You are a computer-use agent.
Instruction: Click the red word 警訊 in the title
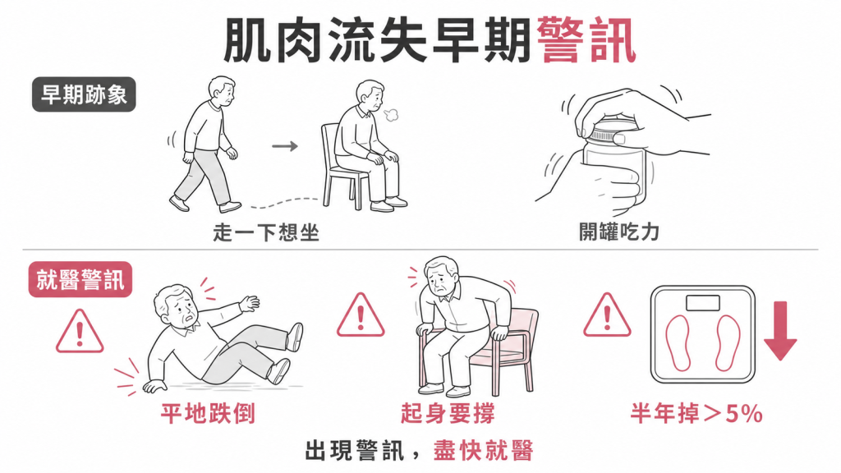click(586, 40)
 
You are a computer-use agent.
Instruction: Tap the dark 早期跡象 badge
click(84, 95)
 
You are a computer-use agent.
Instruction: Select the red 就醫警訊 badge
click(80, 279)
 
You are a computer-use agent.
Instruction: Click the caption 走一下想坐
click(266, 232)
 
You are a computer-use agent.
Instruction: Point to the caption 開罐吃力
click(619, 232)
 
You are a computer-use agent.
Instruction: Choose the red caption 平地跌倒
click(208, 414)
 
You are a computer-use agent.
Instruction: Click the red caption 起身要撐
click(448, 414)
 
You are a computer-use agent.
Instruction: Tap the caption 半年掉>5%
click(696, 414)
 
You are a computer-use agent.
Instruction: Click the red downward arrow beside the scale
click(780, 330)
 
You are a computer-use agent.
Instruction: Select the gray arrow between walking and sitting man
click(285, 146)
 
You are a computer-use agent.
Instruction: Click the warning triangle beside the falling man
click(80, 332)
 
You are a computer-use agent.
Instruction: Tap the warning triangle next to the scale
click(607, 315)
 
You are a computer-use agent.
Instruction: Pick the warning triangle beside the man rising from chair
click(361, 315)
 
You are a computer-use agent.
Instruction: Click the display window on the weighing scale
click(703, 303)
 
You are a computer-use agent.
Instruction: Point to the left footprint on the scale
click(678, 343)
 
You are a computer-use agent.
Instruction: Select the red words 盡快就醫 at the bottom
click(484, 451)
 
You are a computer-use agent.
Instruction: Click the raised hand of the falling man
click(250, 303)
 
